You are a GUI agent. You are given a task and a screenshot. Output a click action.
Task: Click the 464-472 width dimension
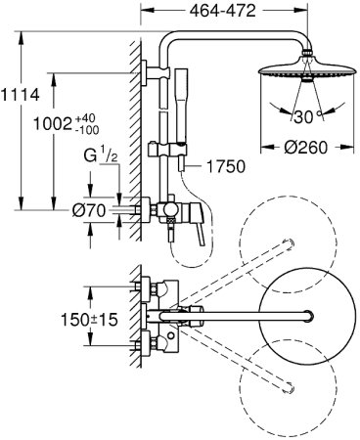tap(223, 11)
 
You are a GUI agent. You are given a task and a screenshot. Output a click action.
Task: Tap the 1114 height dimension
tap(20, 95)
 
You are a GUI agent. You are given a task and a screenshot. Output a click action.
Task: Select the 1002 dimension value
tap(53, 124)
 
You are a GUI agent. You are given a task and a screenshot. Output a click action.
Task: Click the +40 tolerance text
tap(85, 117)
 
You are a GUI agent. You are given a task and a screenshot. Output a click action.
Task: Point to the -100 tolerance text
tap(87, 130)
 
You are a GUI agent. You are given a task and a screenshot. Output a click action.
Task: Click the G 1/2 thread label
tap(100, 154)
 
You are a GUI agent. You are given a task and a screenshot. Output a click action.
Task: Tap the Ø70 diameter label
tap(89, 210)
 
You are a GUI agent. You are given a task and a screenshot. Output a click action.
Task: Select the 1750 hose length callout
tap(226, 166)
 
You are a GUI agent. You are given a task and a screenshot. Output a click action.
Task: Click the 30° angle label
tap(307, 116)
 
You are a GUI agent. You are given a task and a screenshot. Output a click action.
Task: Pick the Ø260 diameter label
tap(305, 148)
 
